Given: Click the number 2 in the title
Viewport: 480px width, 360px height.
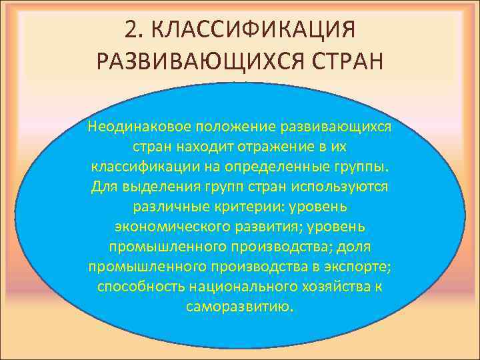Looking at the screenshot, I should click(x=131, y=31).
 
